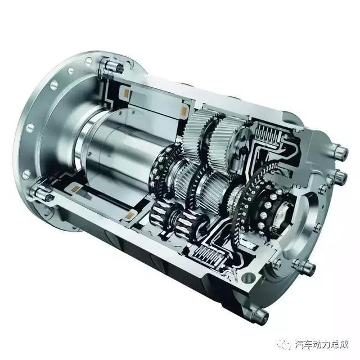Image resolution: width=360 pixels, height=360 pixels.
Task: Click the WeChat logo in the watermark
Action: (x=285, y=344)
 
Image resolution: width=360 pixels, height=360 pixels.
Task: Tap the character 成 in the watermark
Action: (x=343, y=344)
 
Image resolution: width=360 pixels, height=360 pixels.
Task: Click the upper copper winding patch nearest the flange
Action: (x=127, y=93)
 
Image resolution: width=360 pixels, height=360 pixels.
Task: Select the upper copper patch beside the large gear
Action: (x=184, y=111)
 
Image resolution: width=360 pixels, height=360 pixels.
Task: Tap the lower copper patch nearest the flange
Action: (x=75, y=188)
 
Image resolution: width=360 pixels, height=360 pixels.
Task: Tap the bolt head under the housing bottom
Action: (x=262, y=316)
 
